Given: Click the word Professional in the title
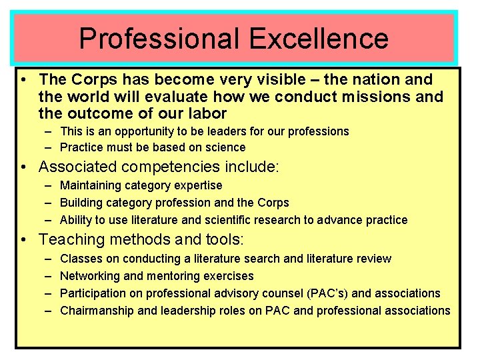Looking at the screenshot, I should coord(157,38).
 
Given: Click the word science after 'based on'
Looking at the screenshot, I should coord(225,147).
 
